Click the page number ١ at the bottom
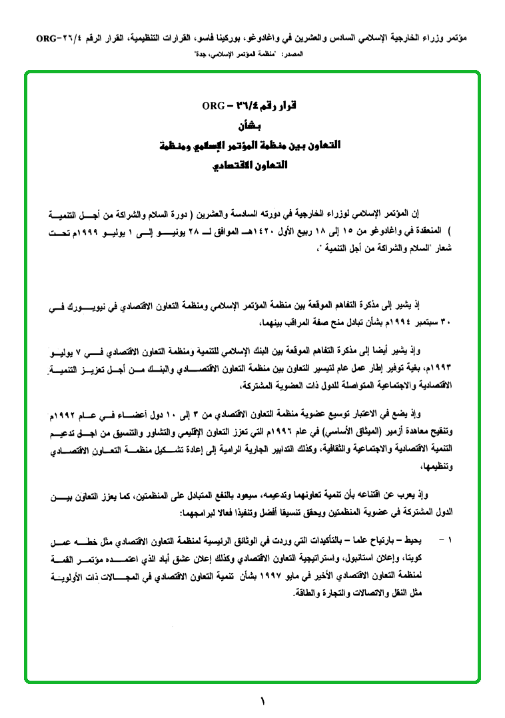pos(262,701)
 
